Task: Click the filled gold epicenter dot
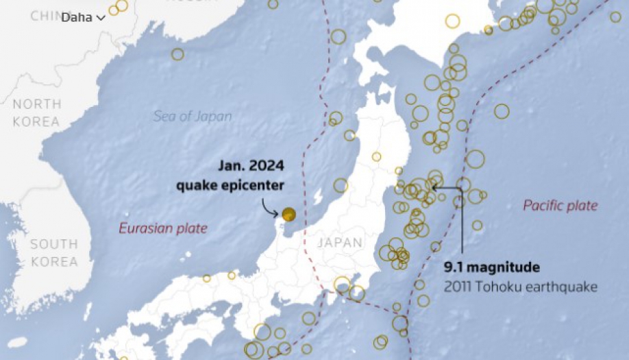(288, 214)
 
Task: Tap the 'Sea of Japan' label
(192, 116)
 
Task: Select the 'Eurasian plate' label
(162, 228)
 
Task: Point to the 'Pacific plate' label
(560, 205)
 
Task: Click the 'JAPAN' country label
(339, 242)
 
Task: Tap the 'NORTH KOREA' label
(37, 112)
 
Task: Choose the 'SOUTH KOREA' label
(53, 252)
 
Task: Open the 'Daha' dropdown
(82, 17)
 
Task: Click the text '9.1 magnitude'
(491, 267)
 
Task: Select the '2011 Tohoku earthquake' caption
(520, 285)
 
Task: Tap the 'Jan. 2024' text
(251, 166)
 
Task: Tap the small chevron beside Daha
(101, 18)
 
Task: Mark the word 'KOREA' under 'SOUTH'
(53, 261)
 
